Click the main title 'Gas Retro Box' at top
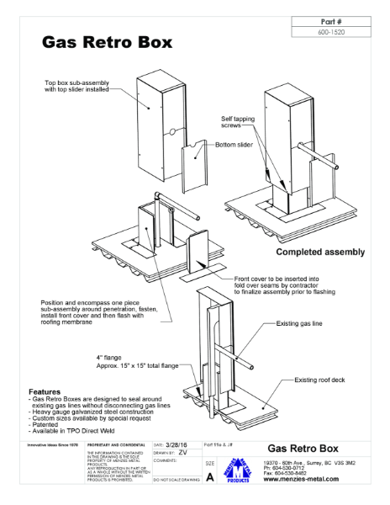pos(108,42)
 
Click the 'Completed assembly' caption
pos(320,251)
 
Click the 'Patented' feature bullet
pos(50,427)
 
